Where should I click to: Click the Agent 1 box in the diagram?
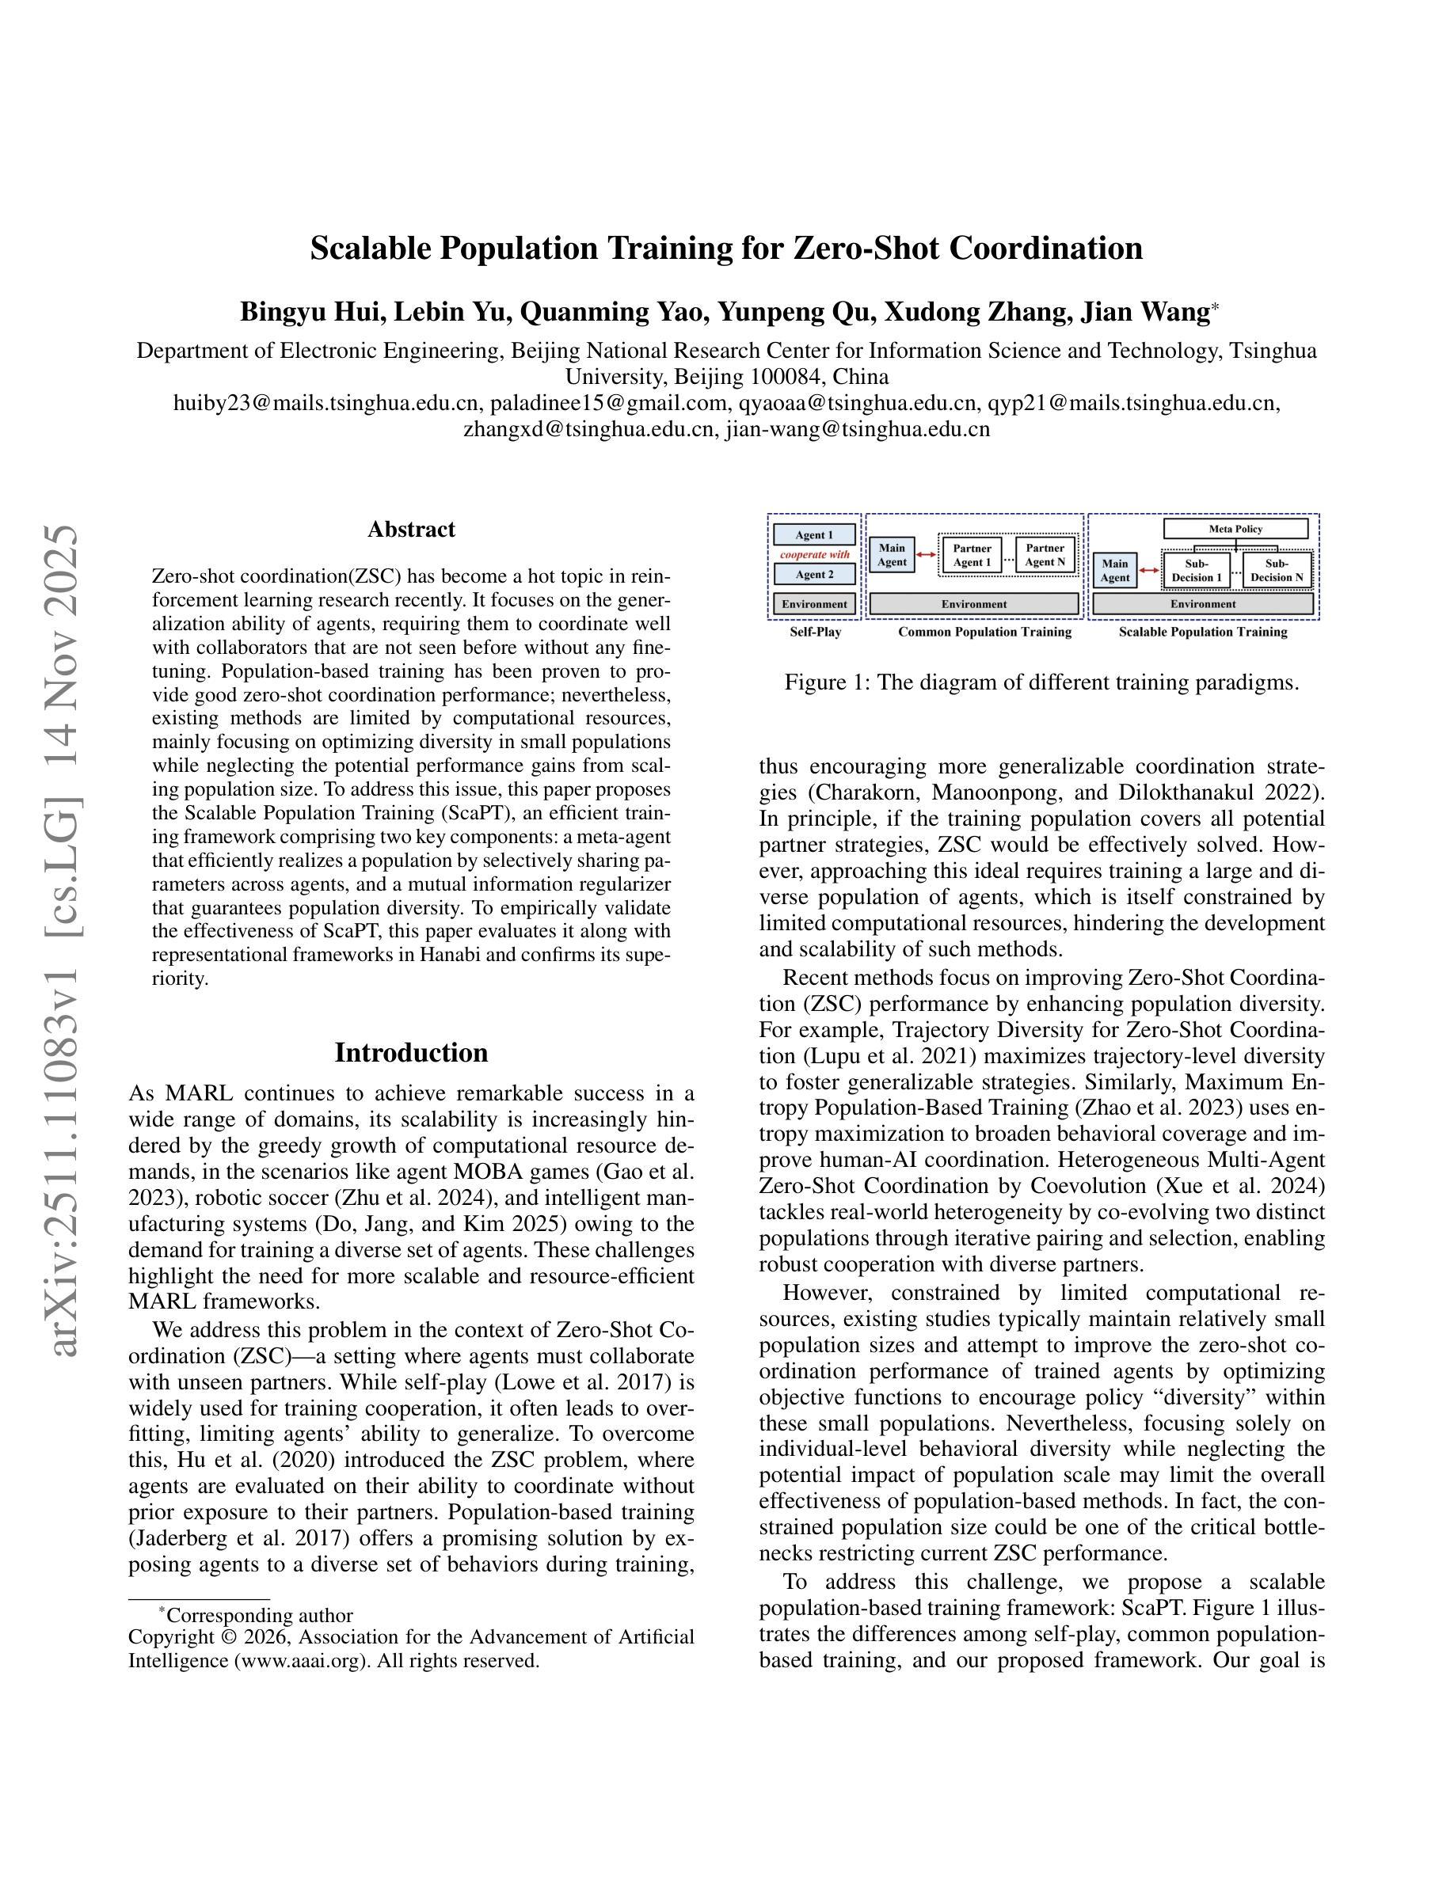tap(814, 535)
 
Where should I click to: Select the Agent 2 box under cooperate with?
tap(814, 575)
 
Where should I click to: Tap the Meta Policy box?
tap(1235, 529)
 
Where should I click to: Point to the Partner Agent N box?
tap(1045, 555)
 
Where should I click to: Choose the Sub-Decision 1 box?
tap(1196, 570)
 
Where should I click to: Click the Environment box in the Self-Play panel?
tap(814, 605)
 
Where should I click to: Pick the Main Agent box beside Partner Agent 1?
tap(892, 555)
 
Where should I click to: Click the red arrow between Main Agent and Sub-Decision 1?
tap(1149, 570)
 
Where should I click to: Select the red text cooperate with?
tap(814, 555)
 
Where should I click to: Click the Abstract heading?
tap(411, 530)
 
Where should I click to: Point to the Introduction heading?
tap(411, 1052)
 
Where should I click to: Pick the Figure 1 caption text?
tap(1041, 683)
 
